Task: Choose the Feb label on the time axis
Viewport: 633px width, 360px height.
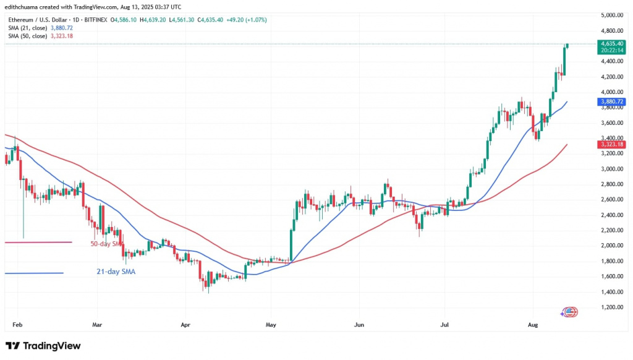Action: [17, 324]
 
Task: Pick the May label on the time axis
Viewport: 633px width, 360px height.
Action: [270, 324]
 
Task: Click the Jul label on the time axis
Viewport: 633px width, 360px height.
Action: [444, 324]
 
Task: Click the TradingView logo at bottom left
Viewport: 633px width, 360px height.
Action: [43, 346]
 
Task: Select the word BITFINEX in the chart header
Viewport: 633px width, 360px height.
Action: [96, 20]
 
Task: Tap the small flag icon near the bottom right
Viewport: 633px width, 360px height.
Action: [569, 312]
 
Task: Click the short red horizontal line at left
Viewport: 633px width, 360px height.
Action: [37, 242]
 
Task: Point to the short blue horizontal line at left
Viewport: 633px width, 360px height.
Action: [33, 273]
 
